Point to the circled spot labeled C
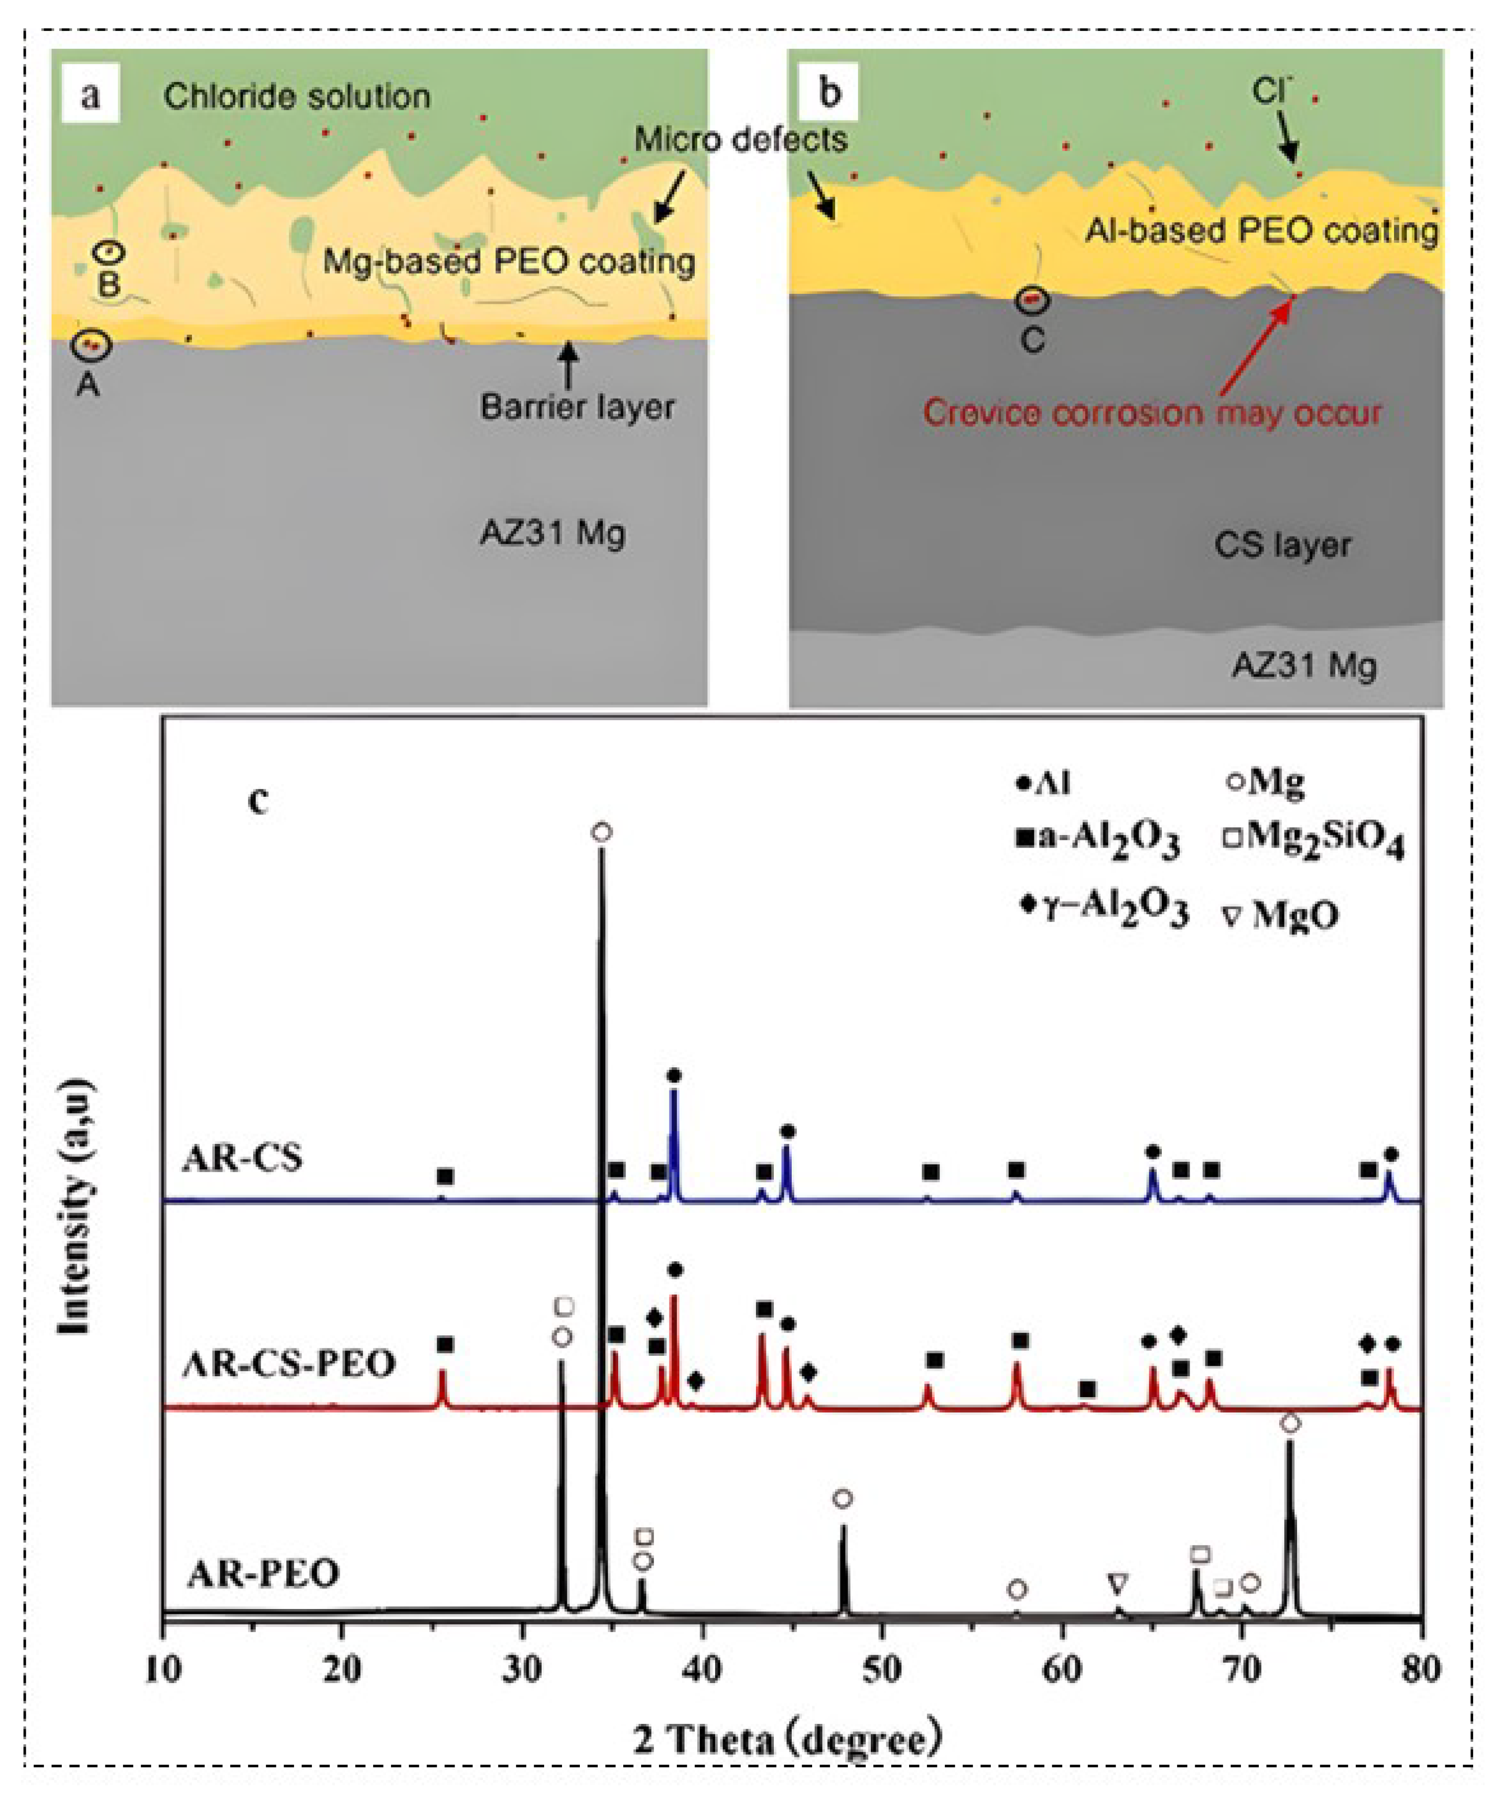1032,300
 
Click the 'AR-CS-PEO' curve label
290,1364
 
